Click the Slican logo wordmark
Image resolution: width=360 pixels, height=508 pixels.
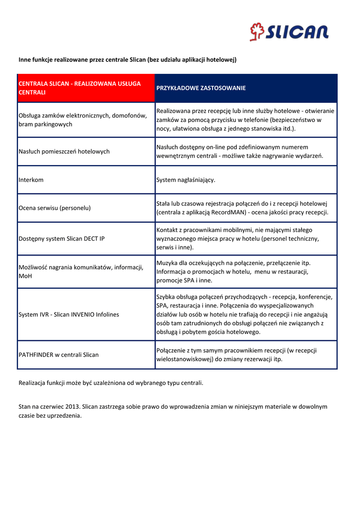coord(296,33)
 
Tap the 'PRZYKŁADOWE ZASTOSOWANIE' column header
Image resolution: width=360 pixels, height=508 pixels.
coord(201,88)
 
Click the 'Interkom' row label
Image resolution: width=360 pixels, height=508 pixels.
coord(31,180)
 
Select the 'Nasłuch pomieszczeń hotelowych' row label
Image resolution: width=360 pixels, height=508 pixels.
coord(64,151)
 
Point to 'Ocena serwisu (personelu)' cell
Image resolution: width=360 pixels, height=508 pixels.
coord(55,208)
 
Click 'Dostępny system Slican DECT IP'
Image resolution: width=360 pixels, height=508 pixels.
coord(62,239)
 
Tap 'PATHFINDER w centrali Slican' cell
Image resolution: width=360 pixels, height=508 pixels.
coord(59,355)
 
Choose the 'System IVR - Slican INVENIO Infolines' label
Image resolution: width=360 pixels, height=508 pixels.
coord(69,315)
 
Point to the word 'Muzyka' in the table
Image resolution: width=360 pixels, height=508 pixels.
coord(167,263)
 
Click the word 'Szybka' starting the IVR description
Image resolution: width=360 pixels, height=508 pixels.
coord(166,297)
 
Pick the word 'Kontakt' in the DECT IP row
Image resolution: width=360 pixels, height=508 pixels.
coord(168,230)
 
